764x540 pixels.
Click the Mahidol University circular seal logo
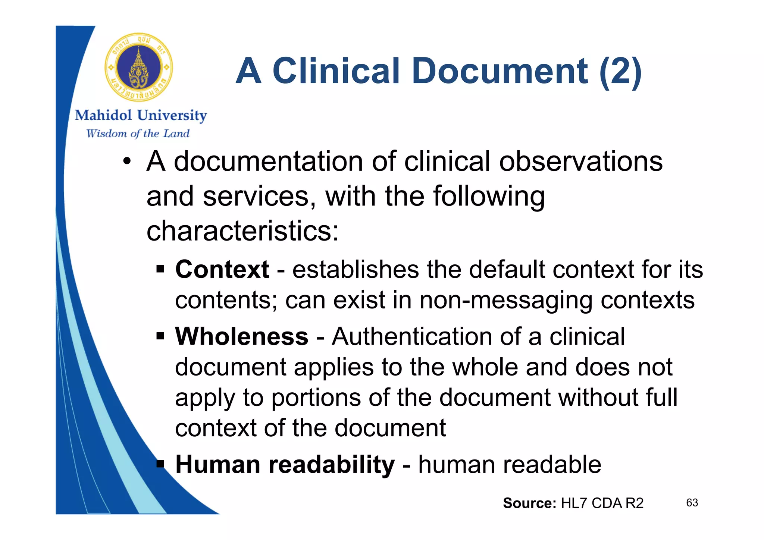click(x=139, y=67)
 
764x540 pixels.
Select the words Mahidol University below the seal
click(x=141, y=116)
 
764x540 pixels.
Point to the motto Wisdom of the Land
click(x=138, y=134)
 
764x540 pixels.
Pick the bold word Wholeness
click(x=242, y=336)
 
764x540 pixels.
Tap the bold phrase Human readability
click(x=285, y=465)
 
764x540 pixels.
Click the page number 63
click(x=692, y=503)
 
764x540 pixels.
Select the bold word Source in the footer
click(x=529, y=503)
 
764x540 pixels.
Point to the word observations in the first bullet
click(x=581, y=162)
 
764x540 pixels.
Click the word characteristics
click(x=242, y=231)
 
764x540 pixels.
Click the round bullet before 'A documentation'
click(x=127, y=162)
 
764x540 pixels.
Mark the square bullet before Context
click(x=160, y=269)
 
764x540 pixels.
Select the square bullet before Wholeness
click(x=160, y=336)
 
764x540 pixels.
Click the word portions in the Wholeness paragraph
click(x=316, y=398)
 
